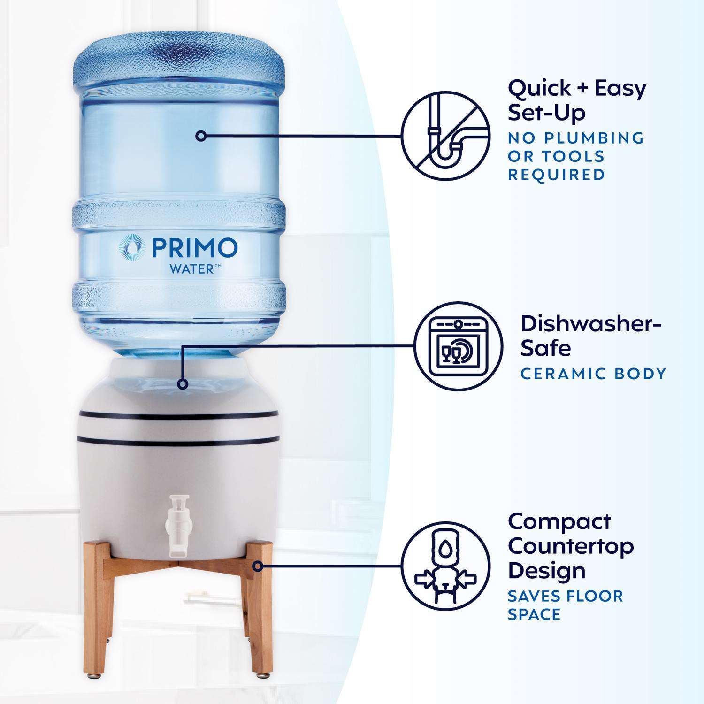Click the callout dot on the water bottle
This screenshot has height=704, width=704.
click(x=202, y=136)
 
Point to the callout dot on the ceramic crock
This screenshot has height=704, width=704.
click(x=183, y=384)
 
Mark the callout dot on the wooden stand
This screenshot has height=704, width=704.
click(x=257, y=566)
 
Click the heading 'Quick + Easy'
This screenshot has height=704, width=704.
click(x=577, y=89)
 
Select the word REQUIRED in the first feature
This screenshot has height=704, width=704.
click(x=557, y=175)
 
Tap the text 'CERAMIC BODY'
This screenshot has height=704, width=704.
click(x=594, y=374)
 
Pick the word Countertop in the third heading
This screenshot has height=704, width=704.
click(x=571, y=546)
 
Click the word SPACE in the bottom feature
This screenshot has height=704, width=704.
click(x=535, y=614)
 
